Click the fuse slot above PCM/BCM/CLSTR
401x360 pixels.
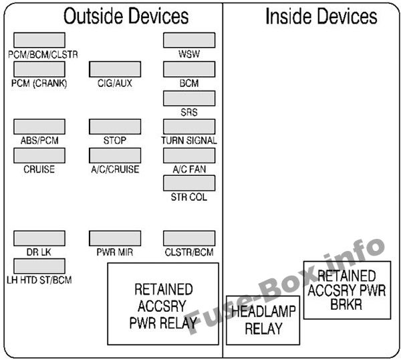pyautogui.click(x=39, y=39)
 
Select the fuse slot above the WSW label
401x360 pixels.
pyautogui.click(x=189, y=39)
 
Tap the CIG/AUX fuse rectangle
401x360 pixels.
pyautogui.click(x=114, y=69)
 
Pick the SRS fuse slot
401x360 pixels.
pyautogui.click(x=189, y=98)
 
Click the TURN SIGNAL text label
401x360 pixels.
pyautogui.click(x=189, y=141)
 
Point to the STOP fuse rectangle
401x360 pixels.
pyautogui.click(x=114, y=126)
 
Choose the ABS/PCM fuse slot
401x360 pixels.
pyautogui.click(x=39, y=126)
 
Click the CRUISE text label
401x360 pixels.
pyautogui.click(x=39, y=169)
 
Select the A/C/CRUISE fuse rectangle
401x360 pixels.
pyautogui.click(x=114, y=155)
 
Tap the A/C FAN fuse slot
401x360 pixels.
pyautogui.click(x=189, y=155)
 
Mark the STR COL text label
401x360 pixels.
pyautogui.click(x=189, y=197)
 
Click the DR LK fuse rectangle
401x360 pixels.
pyautogui.click(x=39, y=238)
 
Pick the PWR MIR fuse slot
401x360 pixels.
pyautogui.click(x=114, y=238)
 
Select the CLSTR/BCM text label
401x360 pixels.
pyautogui.click(x=189, y=252)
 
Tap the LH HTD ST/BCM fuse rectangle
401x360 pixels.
pyautogui.click(x=39, y=266)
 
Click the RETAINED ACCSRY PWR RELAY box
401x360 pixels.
pyautogui.click(x=163, y=304)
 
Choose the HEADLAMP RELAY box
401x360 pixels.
pyautogui.click(x=263, y=320)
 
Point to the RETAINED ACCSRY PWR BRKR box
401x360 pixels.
pyautogui.click(x=346, y=290)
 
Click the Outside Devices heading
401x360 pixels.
pyautogui.click(x=126, y=16)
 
